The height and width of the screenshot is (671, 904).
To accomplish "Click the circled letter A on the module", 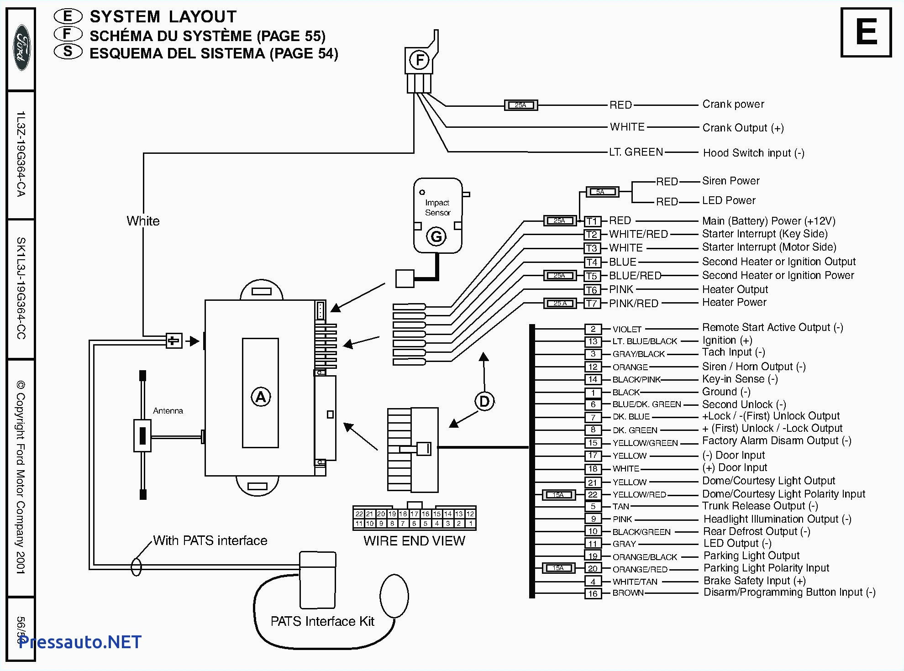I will pyautogui.click(x=260, y=397).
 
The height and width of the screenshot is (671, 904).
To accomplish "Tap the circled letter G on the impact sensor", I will pyautogui.click(x=436, y=236).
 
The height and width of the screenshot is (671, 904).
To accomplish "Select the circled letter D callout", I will pyautogui.click(x=484, y=402).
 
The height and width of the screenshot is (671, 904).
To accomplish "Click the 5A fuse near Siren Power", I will pyautogui.click(x=602, y=192).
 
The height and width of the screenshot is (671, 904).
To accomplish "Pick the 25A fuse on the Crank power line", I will pyautogui.click(x=520, y=105).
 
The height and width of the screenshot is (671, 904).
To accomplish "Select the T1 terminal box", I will pyautogui.click(x=592, y=221).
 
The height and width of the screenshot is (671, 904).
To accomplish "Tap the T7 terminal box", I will pyautogui.click(x=592, y=304).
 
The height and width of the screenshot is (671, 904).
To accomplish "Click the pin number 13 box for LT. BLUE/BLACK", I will pyautogui.click(x=593, y=341).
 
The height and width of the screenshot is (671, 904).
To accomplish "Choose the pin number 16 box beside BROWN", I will pyautogui.click(x=593, y=594).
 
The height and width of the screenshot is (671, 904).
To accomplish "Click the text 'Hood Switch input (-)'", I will pyautogui.click(x=753, y=153).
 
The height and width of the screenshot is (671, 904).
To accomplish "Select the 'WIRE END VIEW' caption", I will pyautogui.click(x=414, y=541).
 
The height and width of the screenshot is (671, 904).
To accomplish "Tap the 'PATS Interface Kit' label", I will pyautogui.click(x=322, y=621).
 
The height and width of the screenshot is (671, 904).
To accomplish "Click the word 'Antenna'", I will pyautogui.click(x=168, y=411).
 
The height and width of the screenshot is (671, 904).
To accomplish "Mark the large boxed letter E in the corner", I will pyautogui.click(x=866, y=32).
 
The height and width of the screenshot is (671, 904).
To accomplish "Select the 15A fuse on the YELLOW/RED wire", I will pyautogui.click(x=558, y=495).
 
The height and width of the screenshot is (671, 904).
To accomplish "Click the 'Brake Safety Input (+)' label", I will pyautogui.click(x=754, y=581).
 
